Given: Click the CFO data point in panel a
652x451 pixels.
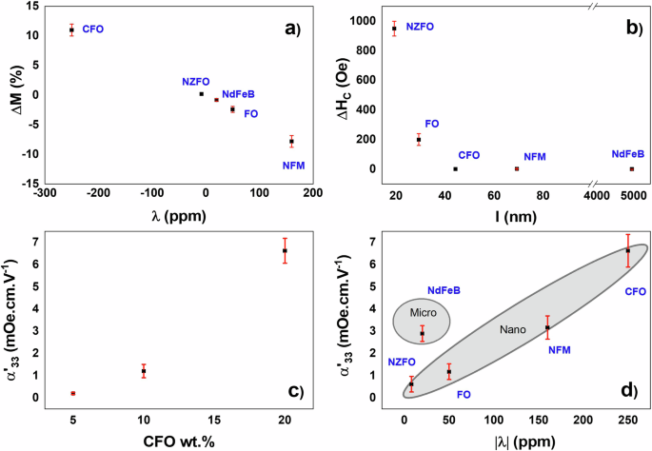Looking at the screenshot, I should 71,30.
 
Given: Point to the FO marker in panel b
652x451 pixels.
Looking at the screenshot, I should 419,139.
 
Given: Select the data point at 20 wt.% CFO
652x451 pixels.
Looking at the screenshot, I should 285,250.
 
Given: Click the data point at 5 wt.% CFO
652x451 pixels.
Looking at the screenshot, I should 72,393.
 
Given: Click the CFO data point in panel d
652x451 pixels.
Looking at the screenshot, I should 627,250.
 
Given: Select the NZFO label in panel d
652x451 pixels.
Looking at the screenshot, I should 402,363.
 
